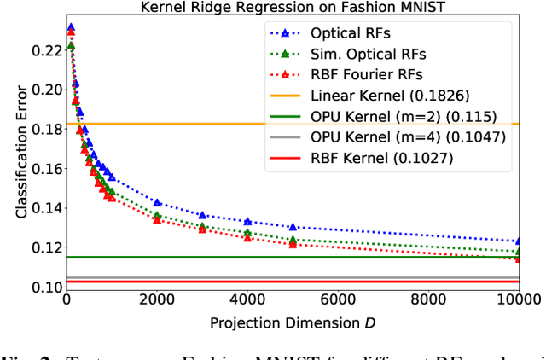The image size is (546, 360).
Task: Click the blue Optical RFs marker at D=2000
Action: (x=157, y=202)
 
